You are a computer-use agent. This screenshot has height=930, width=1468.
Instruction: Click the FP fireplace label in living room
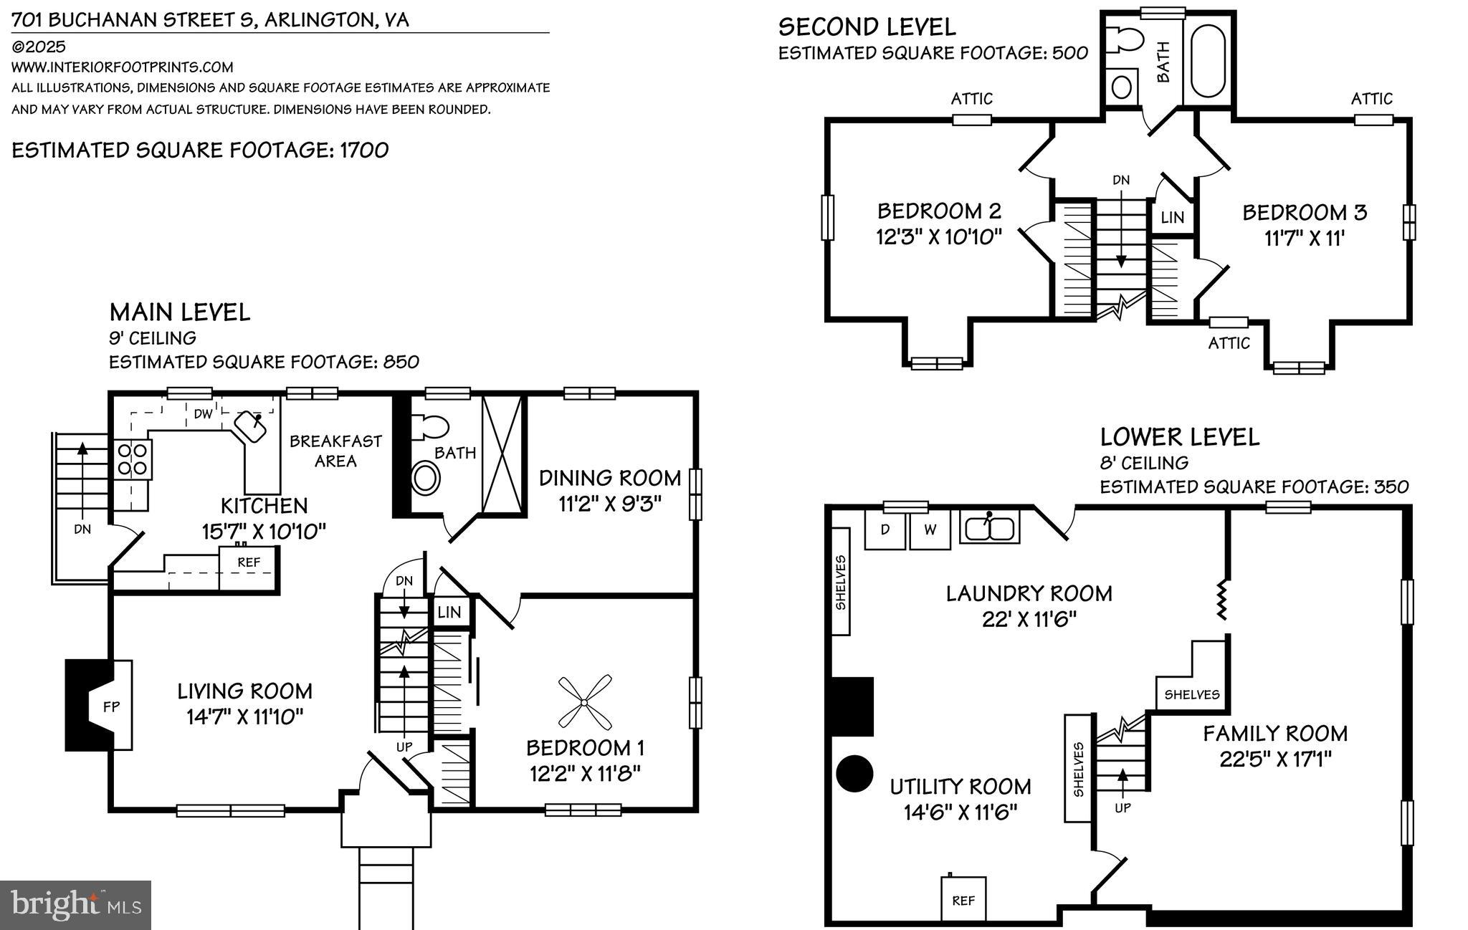click(111, 706)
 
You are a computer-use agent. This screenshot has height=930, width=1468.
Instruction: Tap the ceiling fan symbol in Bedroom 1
click(585, 701)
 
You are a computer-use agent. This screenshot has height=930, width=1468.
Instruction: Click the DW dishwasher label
click(204, 413)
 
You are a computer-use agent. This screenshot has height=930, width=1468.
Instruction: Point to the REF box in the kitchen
click(249, 562)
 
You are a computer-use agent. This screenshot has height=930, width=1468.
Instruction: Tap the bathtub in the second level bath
click(1209, 62)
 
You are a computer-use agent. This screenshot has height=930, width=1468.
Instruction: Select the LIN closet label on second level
click(1173, 217)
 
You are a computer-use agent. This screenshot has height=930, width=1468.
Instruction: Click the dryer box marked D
click(885, 530)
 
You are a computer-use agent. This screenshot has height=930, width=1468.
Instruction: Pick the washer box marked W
click(930, 530)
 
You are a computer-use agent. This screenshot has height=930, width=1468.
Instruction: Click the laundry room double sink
click(989, 529)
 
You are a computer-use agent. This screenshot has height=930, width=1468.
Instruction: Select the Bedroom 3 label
click(1305, 213)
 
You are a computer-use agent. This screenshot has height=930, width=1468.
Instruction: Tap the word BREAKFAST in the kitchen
click(335, 441)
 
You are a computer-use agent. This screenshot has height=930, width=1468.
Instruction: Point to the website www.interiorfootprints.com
click(123, 67)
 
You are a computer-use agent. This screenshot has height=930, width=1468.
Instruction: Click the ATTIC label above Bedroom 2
click(971, 99)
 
